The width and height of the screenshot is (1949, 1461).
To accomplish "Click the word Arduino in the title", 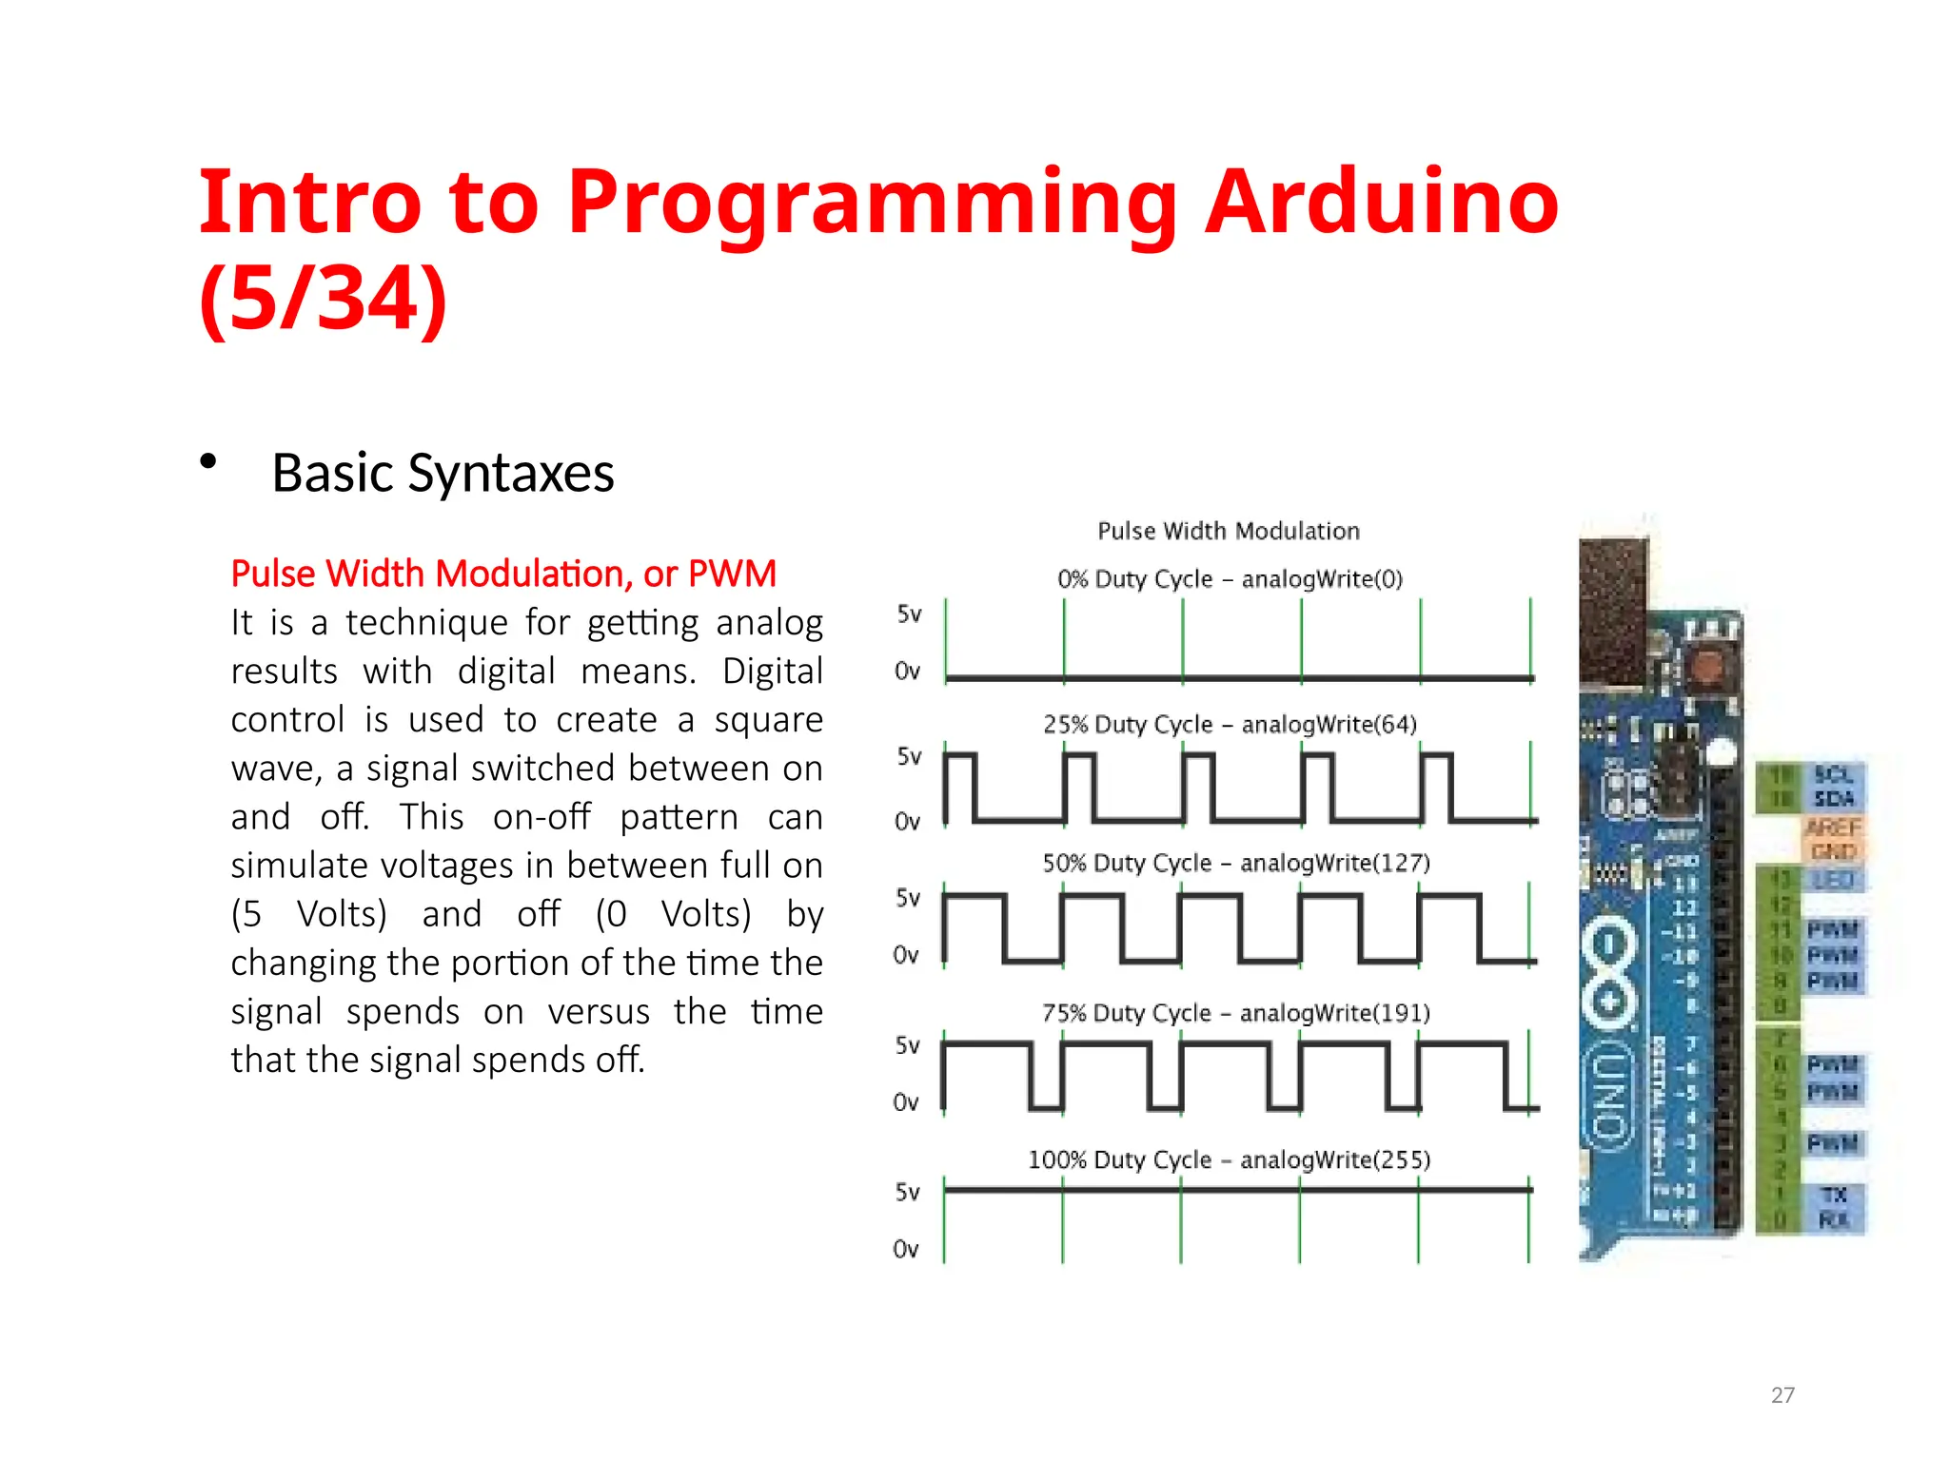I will pos(1381,202).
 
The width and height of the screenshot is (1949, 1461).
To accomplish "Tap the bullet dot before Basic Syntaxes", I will pos(208,462).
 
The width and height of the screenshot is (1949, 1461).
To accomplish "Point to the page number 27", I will pos(1782,1394).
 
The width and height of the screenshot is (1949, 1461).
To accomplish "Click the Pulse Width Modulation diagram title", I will pos(1229,531).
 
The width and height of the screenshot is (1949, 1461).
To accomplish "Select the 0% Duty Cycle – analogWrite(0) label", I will pos(1230,579).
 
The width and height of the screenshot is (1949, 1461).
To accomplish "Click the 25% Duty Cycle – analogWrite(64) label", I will pos(1230,725).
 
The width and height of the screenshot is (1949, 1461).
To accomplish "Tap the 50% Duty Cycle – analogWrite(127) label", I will pos(1235,864).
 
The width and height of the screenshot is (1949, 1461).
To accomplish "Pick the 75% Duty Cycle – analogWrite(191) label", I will pos(1235,1013).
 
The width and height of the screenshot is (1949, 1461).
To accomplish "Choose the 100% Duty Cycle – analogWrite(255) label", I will pos(1229,1160).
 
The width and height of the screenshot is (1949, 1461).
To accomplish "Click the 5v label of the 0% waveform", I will pos(909,614).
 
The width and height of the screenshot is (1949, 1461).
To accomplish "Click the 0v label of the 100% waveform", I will pos(906,1249).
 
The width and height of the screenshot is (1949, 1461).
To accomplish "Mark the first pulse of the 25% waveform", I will pos(959,785).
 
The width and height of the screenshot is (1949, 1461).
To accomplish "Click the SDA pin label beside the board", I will pos(1833,799).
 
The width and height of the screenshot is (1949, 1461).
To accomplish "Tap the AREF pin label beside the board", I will pos(1832,828).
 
